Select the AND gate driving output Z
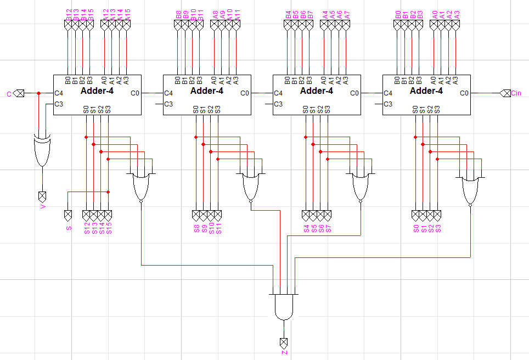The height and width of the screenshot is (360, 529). coord(284,307)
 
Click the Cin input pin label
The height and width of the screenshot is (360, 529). coord(516,93)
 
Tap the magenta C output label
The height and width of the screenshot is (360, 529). coord(8,94)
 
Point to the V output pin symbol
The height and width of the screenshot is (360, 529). coord(42,195)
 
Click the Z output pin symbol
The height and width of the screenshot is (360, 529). coord(284,342)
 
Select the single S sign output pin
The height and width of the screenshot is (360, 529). coord(69,213)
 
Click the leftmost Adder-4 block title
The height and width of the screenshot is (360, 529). coord(97,91)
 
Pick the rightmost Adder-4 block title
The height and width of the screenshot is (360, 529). coord(426,91)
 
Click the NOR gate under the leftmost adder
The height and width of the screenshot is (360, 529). coord(142,187)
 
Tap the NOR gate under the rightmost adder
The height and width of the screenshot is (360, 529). coord(470,190)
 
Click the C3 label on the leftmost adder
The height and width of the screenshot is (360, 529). coord(59,104)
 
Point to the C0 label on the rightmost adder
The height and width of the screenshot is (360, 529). coord(464,93)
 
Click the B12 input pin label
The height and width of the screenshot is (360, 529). coord(68,15)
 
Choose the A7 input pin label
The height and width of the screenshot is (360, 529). coord(347,15)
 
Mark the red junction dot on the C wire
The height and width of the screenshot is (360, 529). coord(38,93)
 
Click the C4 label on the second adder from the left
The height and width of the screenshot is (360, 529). coord(168,93)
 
